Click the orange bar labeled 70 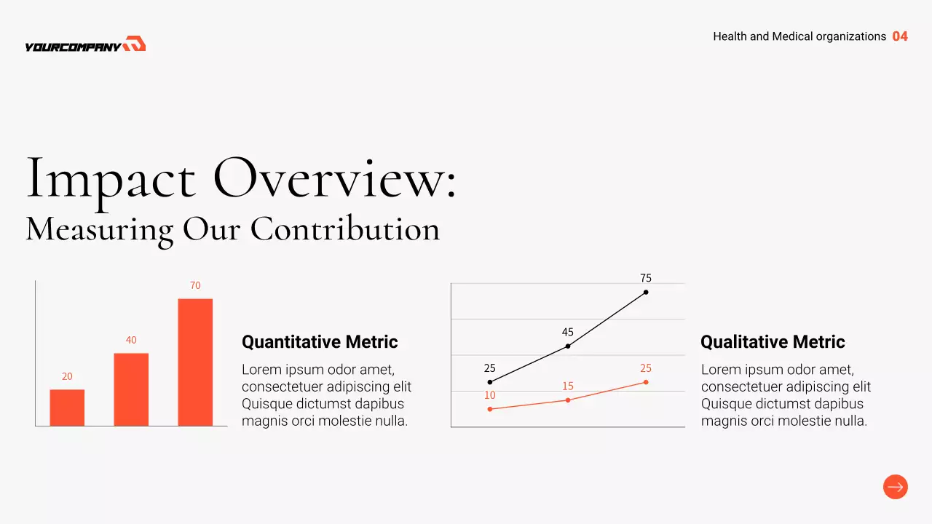[195, 362]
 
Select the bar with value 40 [131, 389]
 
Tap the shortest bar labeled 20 [67, 408]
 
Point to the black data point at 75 [646, 292]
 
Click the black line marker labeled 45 [568, 346]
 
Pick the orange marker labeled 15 [568, 400]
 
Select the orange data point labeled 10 [490, 409]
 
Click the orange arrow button [896, 487]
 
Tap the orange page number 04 [900, 36]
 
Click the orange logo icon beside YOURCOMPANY [135, 44]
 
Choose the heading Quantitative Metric [320, 342]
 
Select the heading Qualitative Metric [773, 342]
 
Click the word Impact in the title [111, 178]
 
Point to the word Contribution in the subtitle [345, 229]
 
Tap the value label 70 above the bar [195, 286]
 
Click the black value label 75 [646, 278]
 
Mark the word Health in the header [730, 36]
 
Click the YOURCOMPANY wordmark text [73, 47]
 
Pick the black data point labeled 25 [490, 382]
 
